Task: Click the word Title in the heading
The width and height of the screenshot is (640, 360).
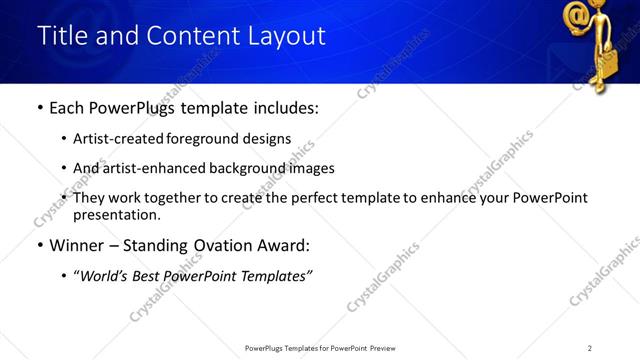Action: point(61,36)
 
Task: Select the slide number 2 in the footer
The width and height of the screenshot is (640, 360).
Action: point(590,348)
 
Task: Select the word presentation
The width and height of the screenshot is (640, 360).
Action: point(116,214)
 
